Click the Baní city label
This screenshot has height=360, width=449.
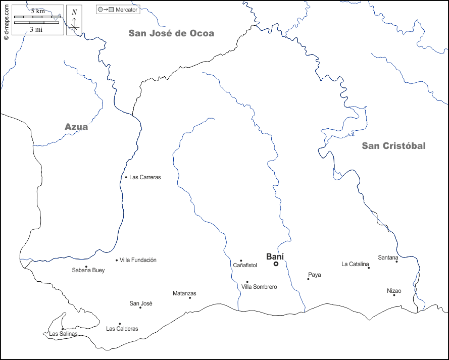[x=275, y=256]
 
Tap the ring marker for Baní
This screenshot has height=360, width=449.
[x=276, y=264]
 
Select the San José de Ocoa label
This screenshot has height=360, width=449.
[x=171, y=33]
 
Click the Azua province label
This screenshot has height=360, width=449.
[x=76, y=127]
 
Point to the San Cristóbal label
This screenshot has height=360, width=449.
[x=393, y=146]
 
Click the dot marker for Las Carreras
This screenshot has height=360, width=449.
[x=126, y=177]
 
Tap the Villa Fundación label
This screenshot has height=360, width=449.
[x=138, y=260]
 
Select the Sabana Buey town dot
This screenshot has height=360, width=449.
[x=86, y=267]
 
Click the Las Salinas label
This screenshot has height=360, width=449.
[x=63, y=334]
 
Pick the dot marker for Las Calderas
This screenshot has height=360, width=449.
[x=120, y=324]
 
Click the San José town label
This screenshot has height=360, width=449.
[x=141, y=303]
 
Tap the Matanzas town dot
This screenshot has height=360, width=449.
[x=190, y=297]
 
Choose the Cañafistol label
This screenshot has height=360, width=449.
[x=245, y=265]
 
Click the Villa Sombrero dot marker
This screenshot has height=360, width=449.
[x=247, y=282]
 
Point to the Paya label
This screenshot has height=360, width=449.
[x=314, y=275]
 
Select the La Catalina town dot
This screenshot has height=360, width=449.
[x=369, y=268]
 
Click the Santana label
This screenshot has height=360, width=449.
[x=388, y=258]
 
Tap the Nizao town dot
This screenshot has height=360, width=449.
[x=394, y=295]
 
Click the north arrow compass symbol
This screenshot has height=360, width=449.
[x=74, y=21]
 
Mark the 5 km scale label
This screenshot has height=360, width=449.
[x=37, y=11]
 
